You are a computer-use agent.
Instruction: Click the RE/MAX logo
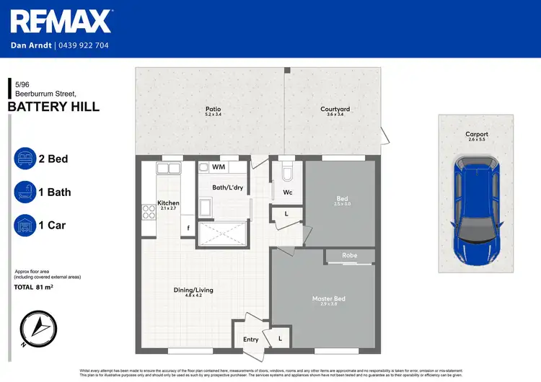pos(61,22)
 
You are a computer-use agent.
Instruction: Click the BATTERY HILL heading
pos(53,107)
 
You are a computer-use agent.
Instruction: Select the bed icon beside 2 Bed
pos(26,159)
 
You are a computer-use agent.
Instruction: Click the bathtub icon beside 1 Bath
pos(26,192)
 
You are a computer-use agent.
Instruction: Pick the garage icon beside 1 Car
pos(26,226)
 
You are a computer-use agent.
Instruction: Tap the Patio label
pos(214,110)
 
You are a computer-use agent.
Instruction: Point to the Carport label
pos(477,134)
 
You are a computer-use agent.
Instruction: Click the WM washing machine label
pos(218,167)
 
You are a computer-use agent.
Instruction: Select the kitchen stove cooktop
pos(148,212)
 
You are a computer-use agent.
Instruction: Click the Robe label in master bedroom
pos(350,255)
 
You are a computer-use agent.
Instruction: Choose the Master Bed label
pos(328,298)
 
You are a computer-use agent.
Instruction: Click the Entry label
pos(250,339)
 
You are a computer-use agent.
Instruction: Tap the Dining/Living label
pos(193,290)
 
